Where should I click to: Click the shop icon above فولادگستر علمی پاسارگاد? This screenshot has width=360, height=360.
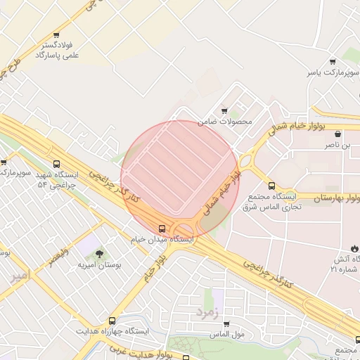(56, 34)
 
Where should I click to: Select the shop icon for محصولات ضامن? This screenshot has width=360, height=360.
(224, 110)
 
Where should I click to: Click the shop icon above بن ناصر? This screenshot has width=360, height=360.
(338, 134)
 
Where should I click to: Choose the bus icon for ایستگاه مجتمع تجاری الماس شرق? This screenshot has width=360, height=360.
(272, 196)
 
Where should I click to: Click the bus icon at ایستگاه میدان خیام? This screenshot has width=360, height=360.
(162, 228)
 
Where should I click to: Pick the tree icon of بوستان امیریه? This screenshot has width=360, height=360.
(98, 254)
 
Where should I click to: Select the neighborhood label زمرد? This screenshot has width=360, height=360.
(208, 309)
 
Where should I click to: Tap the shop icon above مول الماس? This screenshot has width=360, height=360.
(226, 323)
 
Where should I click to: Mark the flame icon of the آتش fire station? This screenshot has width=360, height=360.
(354, 248)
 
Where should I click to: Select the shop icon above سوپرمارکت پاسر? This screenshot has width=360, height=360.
(333, 61)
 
